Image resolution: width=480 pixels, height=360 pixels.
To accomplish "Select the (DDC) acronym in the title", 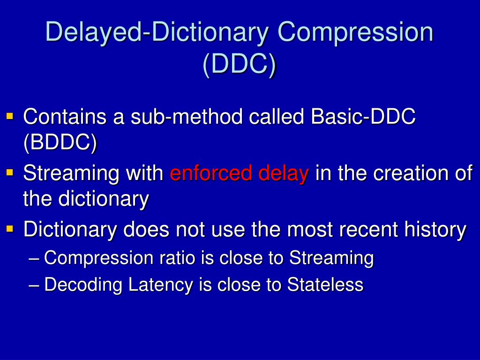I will point(240,64).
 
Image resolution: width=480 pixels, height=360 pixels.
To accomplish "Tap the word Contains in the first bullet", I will point(65,117).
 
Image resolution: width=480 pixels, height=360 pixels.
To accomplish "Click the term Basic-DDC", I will point(363,117).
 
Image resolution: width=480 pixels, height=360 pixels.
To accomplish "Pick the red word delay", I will point(284,173).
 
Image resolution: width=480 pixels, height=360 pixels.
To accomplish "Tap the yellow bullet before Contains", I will point(10,115).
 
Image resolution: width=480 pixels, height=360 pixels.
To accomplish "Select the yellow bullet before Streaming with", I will point(10,172).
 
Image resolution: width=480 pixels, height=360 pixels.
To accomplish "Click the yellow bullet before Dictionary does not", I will point(10,228).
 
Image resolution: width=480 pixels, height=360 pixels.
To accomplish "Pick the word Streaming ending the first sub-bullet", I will point(331,258).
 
